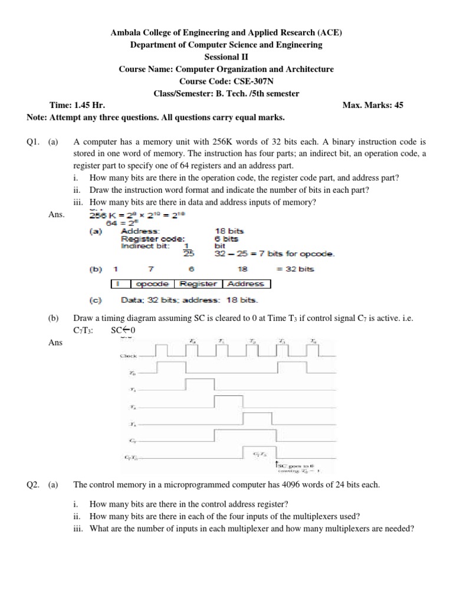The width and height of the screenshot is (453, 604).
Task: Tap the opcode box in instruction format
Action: pos(152,284)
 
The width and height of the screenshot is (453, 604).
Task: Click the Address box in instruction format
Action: pos(246,284)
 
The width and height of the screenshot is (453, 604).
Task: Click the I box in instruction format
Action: pos(119,284)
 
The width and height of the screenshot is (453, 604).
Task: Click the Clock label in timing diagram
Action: pos(129,356)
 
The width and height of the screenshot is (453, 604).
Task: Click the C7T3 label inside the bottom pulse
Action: pos(259,454)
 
